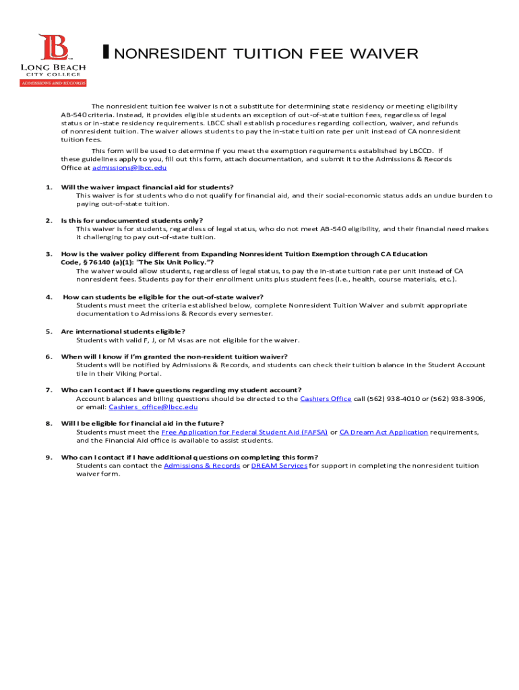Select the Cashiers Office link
coord(326,399)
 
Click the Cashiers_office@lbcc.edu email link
coord(153,407)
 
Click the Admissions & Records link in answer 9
coord(202,466)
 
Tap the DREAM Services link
coord(279,466)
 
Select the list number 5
coord(49,332)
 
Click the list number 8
coord(49,424)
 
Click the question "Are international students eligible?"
coord(123,332)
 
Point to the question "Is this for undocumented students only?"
coord(131,220)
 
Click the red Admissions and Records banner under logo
coord(53,83)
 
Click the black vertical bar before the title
coord(106,53)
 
